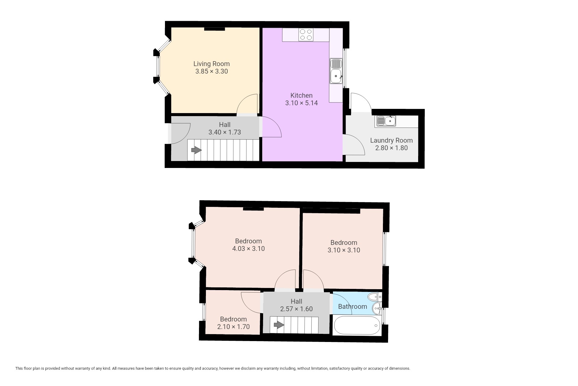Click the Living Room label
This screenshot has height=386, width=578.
(x=211, y=64)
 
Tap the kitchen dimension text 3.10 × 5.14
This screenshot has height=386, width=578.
(x=301, y=103)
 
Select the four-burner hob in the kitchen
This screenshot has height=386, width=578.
(x=306, y=35)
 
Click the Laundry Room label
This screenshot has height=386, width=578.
(x=391, y=141)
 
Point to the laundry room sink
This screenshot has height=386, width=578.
(x=385, y=121)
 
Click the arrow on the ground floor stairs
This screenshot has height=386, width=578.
(x=196, y=150)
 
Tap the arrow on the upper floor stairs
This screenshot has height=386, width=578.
(x=279, y=325)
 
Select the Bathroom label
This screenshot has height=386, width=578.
(x=353, y=307)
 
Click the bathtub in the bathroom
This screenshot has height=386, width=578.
(x=357, y=325)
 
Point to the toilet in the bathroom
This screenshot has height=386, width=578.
(x=375, y=297)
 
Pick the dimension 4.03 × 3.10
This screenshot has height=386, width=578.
(x=248, y=249)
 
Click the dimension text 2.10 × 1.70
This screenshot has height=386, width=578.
(x=233, y=327)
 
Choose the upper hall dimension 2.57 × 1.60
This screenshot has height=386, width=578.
(x=297, y=309)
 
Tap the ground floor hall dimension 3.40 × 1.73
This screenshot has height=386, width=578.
(x=225, y=132)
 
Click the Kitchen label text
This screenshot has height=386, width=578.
(x=301, y=96)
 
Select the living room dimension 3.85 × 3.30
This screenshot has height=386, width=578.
(x=212, y=71)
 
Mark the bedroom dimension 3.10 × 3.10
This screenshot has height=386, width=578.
(x=344, y=250)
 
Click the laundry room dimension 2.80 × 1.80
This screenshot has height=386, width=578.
(x=391, y=148)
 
